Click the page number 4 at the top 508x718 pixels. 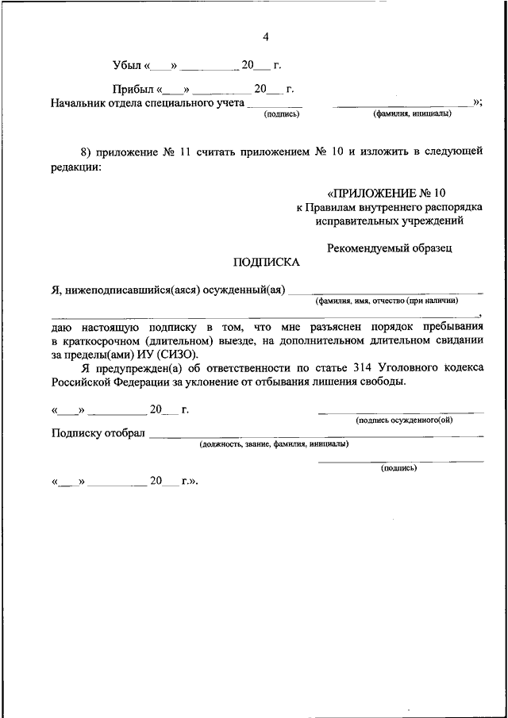266,36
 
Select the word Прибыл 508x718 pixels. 132,90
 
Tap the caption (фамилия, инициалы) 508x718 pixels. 412,113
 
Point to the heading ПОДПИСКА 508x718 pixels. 261,261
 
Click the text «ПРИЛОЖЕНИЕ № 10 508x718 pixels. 387,193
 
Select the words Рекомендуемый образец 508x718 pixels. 389,248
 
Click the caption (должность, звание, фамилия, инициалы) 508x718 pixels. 273,444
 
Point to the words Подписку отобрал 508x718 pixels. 97,433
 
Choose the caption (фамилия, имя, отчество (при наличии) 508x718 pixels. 387,301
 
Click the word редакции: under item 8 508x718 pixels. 75,167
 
